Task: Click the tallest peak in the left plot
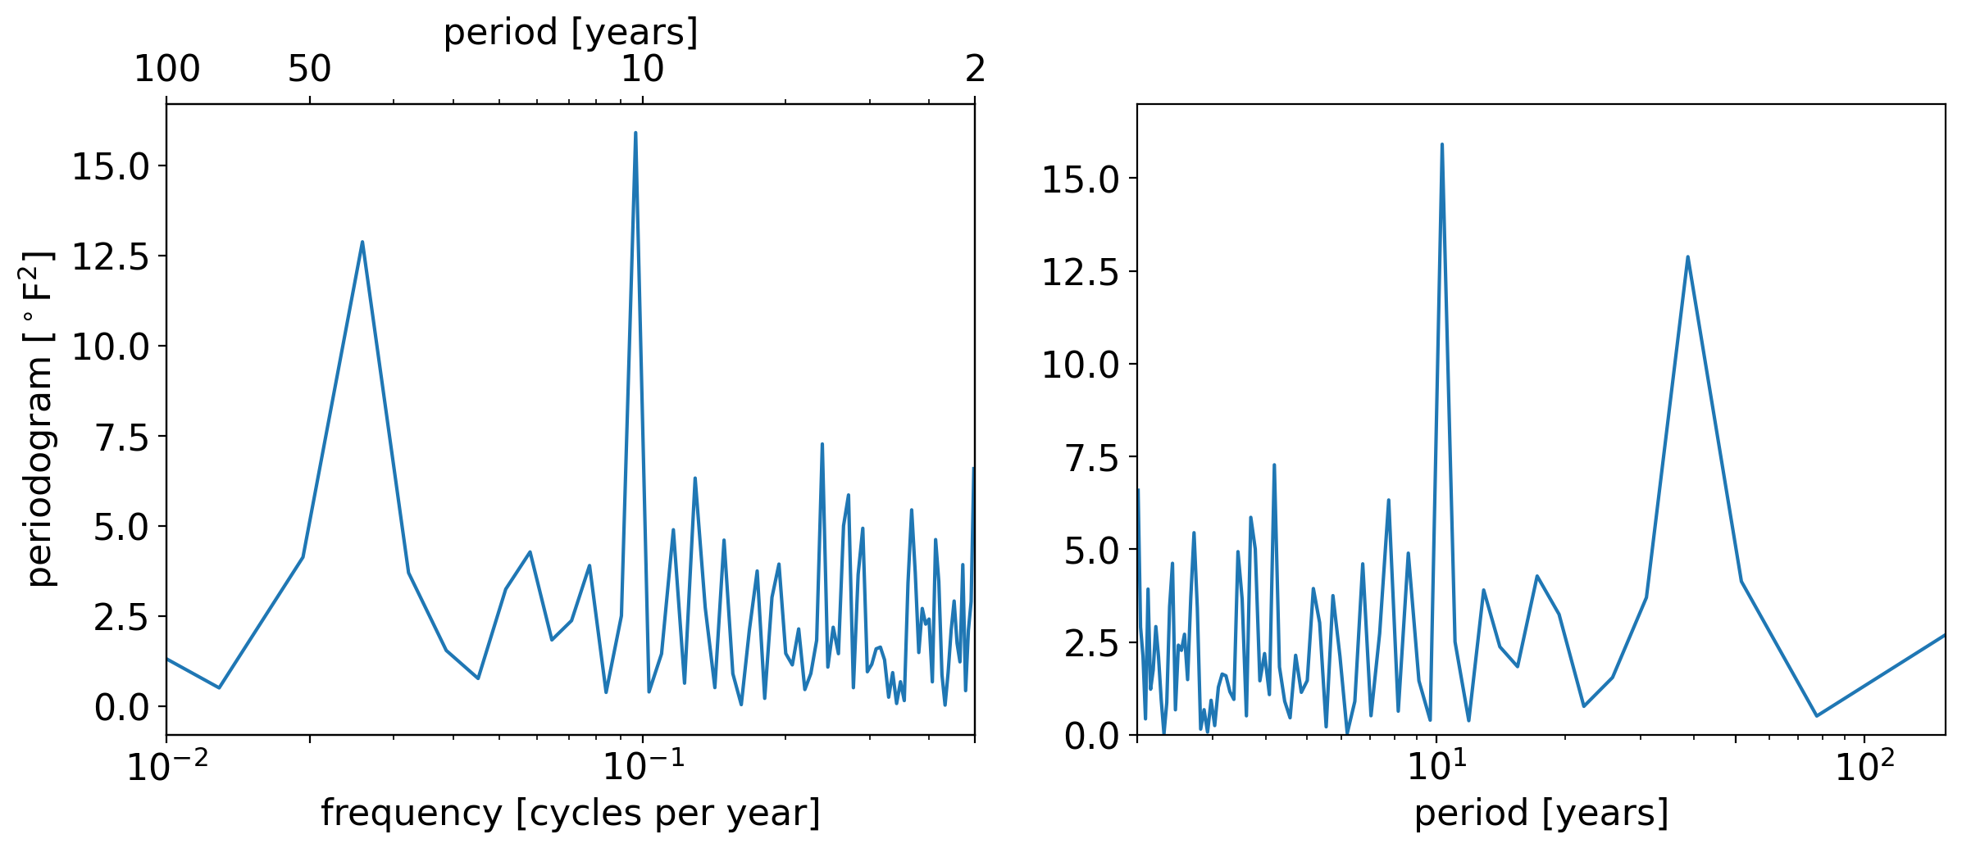(635, 134)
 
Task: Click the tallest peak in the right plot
(1441, 145)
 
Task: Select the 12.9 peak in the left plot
(362, 243)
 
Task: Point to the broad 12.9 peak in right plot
(1687, 257)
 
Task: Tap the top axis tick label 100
(166, 69)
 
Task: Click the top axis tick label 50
(309, 69)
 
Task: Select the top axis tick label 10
(642, 69)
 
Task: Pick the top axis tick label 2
(975, 69)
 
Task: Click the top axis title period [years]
(571, 32)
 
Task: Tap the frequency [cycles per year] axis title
(571, 813)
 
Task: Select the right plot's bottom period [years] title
(1541, 813)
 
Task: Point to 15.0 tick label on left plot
(111, 166)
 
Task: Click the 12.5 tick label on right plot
(1080, 272)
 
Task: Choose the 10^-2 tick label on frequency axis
(167, 768)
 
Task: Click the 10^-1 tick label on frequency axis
(643, 768)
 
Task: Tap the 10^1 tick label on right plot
(1436, 768)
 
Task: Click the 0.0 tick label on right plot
(1091, 737)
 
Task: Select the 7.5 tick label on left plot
(121, 438)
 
